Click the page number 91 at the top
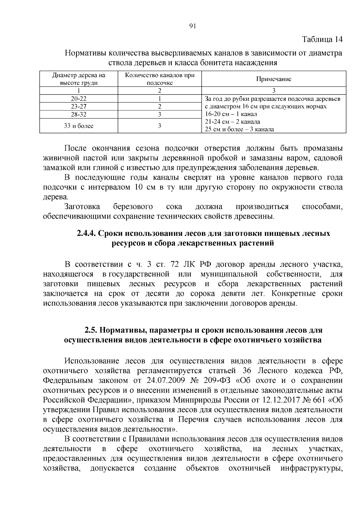[x=193, y=26]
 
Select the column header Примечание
[x=273, y=79]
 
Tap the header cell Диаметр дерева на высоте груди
[x=79, y=79]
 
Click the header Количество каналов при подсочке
[x=160, y=79]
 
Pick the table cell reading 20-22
[x=79, y=98]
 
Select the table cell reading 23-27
[x=79, y=106]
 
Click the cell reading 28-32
[x=79, y=114]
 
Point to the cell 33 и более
[x=79, y=126]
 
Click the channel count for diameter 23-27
[x=160, y=106]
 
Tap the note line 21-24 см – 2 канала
[x=232, y=122]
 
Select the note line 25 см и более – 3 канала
[x=239, y=130]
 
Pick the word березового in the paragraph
[x=133, y=207]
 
